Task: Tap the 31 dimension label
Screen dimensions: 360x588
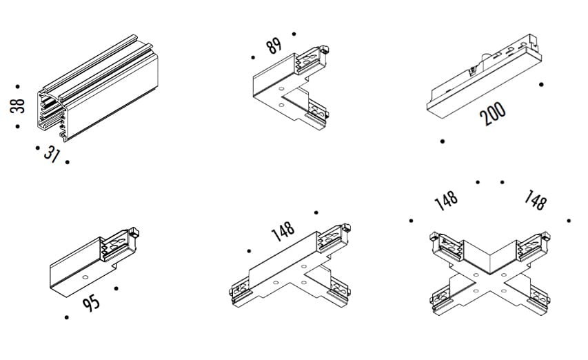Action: (51, 154)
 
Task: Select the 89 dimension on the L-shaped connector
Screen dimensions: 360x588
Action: (274, 46)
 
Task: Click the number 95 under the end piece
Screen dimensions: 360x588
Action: (91, 301)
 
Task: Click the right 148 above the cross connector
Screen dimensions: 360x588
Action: (535, 201)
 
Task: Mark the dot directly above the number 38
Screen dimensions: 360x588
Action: (17, 86)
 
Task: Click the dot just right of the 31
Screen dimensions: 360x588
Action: (68, 162)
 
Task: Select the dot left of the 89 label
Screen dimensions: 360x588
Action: (254, 58)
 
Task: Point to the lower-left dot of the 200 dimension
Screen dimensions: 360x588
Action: (442, 141)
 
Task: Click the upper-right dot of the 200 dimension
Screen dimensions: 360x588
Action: (542, 85)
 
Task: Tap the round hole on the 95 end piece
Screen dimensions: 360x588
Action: (85, 277)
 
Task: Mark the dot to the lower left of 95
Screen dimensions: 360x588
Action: (66, 317)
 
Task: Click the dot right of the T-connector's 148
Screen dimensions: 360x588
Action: (316, 212)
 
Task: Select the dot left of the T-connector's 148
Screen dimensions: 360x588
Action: (250, 250)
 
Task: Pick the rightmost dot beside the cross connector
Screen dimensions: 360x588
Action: (569, 221)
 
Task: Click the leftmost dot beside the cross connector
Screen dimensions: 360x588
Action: (411, 221)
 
